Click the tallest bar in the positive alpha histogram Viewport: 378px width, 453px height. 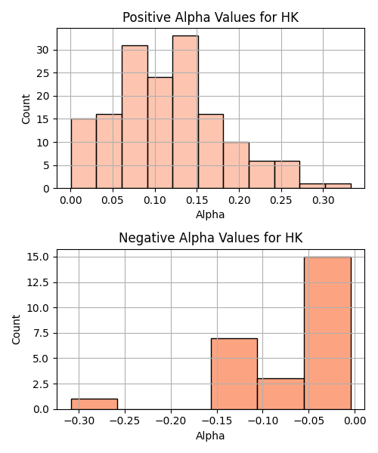click(x=185, y=112)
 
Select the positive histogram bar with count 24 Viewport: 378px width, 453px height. click(x=160, y=133)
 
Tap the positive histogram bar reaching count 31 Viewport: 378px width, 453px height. click(x=135, y=117)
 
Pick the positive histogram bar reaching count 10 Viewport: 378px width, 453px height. click(x=236, y=165)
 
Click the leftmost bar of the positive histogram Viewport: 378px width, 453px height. click(x=84, y=154)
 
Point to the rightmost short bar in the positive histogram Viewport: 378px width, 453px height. click(x=338, y=186)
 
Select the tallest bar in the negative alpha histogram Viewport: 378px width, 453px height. click(x=327, y=333)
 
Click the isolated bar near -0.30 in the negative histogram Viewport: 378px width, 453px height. click(x=94, y=404)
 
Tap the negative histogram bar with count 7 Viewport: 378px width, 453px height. click(x=234, y=374)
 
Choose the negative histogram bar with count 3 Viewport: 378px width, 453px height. click(x=280, y=394)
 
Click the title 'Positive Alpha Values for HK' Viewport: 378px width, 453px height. click(x=211, y=17)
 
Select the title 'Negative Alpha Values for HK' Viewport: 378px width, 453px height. click(x=211, y=238)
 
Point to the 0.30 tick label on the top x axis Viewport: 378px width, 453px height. click(x=323, y=200)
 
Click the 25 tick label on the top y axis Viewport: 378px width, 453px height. click(x=43, y=73)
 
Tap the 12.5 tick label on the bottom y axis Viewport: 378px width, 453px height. click(x=38, y=282)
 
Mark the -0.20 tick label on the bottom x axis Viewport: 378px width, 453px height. click(x=171, y=421)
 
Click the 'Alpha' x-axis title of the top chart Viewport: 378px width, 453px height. click(x=210, y=214)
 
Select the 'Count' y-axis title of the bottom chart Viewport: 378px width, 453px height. click(x=16, y=329)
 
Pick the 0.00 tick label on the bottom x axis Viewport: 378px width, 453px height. click(x=355, y=421)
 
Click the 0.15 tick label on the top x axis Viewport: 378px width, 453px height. click(x=197, y=200)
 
